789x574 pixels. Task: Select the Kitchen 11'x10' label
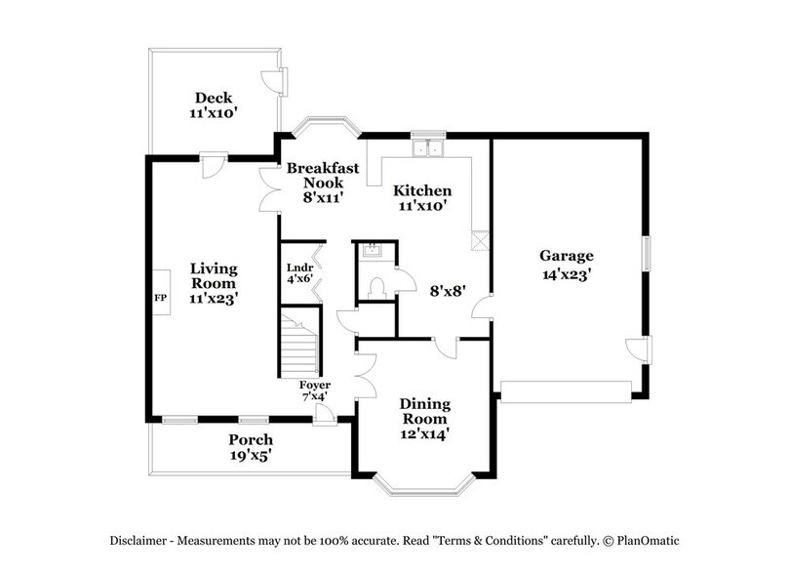(421, 198)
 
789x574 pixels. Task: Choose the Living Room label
(214, 282)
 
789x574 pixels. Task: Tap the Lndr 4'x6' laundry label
(298, 272)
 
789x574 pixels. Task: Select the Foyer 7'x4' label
(314, 390)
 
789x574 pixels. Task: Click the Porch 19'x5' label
(251, 446)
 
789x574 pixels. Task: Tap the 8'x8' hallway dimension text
(450, 290)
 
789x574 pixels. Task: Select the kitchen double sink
(426, 149)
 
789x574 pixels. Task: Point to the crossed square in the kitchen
(479, 241)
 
